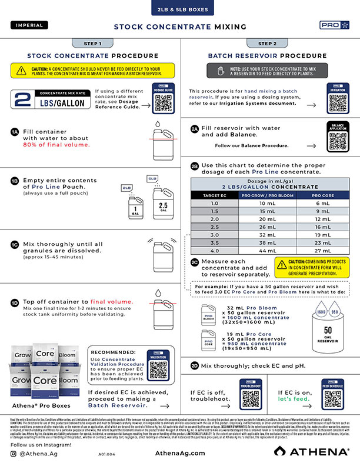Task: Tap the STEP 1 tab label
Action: click(x=92, y=44)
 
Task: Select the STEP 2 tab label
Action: click(x=267, y=44)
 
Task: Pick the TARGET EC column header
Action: click(x=215, y=195)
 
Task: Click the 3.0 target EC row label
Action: click(x=215, y=234)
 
